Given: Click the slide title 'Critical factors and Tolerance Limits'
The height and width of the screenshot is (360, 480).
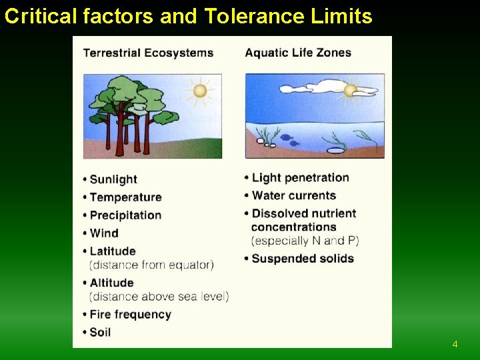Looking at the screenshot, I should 188,16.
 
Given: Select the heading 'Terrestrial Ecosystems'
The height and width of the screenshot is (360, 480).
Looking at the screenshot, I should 148,53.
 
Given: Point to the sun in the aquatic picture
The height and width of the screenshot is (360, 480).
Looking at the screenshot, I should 350,90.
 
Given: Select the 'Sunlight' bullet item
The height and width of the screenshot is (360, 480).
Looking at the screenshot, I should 113,179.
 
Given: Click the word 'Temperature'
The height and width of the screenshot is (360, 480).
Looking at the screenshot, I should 125,197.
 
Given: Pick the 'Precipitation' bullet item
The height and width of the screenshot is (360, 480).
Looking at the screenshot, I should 125,215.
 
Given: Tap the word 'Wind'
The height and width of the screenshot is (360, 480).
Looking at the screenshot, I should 104,233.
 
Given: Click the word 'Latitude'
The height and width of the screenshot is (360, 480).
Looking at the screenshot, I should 113,251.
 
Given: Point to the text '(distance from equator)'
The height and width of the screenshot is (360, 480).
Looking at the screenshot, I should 151,265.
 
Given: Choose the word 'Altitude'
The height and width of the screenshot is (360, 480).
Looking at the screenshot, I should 112,283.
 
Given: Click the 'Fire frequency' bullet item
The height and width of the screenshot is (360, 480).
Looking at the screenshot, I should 130,314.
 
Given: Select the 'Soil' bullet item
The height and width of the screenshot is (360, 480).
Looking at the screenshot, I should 100,332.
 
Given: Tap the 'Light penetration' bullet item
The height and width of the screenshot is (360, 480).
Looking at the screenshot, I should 300,178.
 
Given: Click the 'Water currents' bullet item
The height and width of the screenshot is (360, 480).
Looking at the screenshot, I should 293,196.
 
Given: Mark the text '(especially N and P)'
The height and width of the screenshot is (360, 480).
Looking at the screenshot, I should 305,241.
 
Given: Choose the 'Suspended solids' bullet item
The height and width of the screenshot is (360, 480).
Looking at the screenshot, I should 303,259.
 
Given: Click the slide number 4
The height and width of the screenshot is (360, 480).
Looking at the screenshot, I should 455,345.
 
